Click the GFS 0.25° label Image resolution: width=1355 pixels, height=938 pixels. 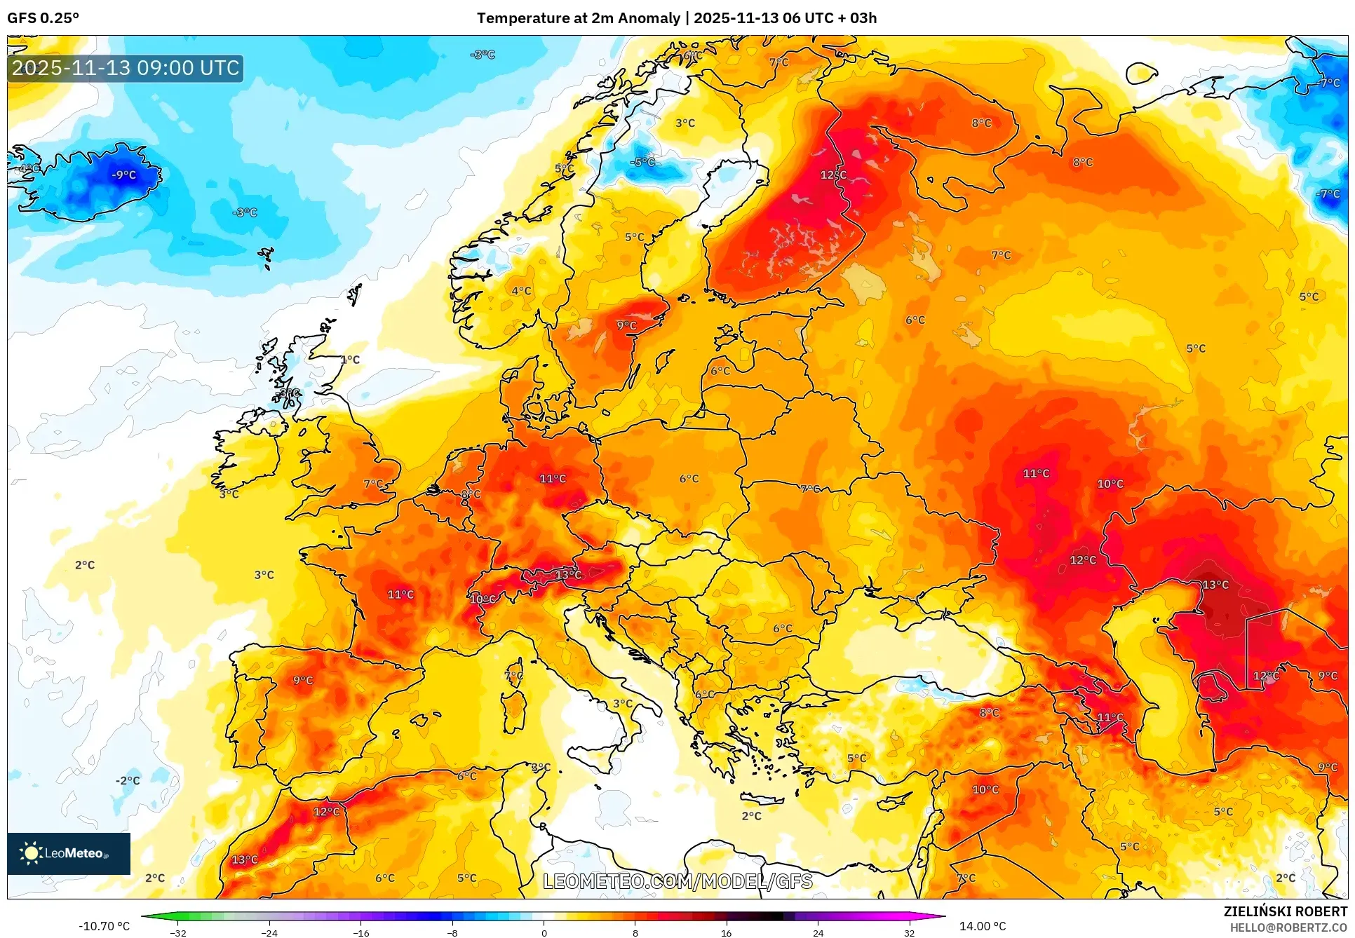coord(43,18)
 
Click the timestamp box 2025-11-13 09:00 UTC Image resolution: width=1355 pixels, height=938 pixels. coord(126,68)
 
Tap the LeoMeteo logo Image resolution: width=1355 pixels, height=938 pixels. coord(68,853)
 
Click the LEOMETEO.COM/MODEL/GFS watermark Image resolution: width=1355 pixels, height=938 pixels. coord(677,881)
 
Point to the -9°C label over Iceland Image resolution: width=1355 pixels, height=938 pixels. coord(124,175)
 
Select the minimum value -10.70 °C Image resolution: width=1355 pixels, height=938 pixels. coord(104,926)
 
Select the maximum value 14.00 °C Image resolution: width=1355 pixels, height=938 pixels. coord(982,926)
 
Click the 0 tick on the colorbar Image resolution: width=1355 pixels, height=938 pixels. coord(544,932)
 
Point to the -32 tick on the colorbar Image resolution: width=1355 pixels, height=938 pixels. coord(178,932)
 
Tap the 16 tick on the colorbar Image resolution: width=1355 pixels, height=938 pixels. coord(726,932)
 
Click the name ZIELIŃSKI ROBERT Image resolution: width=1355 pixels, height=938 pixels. coord(1285,911)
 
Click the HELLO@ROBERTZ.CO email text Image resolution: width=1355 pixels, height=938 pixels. coord(1288,927)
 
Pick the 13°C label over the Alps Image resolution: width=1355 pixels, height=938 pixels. coord(568,575)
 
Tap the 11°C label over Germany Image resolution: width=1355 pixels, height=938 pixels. coord(552,479)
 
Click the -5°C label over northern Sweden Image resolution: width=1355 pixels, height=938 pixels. coord(642,162)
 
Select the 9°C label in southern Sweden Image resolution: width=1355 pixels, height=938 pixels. coord(626,325)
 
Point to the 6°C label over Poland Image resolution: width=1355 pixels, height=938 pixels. coord(689,479)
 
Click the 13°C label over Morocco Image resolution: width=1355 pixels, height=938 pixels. coord(245,859)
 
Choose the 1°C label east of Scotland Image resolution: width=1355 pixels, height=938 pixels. coord(350,360)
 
